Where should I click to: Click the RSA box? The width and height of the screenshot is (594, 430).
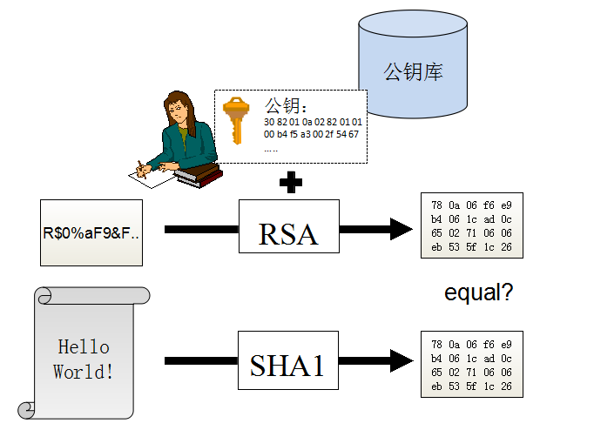(x=289, y=226)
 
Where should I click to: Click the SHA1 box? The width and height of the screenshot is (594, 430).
(x=288, y=360)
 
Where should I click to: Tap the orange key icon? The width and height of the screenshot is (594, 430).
(x=236, y=120)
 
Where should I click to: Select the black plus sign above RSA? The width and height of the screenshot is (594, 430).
(x=291, y=182)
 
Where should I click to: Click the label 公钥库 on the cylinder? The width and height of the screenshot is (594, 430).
(x=413, y=71)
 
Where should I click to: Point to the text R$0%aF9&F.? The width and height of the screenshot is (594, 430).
(x=91, y=232)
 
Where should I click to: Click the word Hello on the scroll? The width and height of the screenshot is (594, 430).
(x=84, y=346)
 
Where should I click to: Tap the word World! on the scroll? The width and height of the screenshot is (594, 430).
(x=83, y=372)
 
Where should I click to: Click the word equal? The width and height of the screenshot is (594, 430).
(x=478, y=292)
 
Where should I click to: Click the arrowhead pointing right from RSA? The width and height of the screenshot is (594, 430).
(x=402, y=229)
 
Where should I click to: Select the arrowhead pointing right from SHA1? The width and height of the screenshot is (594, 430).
(x=402, y=360)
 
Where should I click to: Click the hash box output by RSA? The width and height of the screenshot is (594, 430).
(x=472, y=225)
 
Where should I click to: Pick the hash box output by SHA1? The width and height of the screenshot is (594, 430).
(x=472, y=364)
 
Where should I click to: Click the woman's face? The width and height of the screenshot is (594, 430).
(x=178, y=110)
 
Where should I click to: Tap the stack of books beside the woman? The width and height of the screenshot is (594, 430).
(x=199, y=175)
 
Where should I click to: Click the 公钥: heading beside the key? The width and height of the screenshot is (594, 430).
(x=286, y=106)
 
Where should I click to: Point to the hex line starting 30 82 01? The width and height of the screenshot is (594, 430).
(x=313, y=122)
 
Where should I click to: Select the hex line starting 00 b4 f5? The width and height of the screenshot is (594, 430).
(x=311, y=134)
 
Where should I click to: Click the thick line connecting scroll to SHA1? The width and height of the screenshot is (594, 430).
(x=201, y=360)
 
